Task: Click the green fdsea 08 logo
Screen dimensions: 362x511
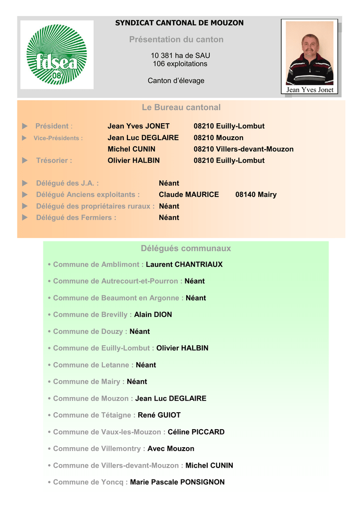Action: click(x=57, y=54)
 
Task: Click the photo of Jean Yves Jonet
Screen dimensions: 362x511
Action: click(x=310, y=53)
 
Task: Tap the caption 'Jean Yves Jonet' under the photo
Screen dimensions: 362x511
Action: click(x=310, y=90)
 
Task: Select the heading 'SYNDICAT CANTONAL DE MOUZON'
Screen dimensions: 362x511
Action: click(x=179, y=23)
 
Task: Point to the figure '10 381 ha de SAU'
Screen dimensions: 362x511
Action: click(x=180, y=55)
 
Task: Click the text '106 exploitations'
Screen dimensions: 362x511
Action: click(x=180, y=64)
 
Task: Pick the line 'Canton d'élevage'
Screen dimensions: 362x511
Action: click(x=176, y=80)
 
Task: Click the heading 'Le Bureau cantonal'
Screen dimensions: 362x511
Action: click(x=181, y=107)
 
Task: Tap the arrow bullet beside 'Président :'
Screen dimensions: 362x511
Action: click(x=25, y=126)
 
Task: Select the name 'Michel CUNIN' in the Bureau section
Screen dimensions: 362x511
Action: click(x=131, y=149)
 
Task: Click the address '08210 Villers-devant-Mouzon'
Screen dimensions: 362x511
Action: click(x=244, y=149)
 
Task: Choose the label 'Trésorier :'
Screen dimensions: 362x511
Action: click(x=54, y=160)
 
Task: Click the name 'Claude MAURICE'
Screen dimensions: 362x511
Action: click(x=189, y=195)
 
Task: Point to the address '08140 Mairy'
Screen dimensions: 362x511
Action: click(x=256, y=195)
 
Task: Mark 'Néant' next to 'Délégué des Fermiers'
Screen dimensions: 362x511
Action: click(x=169, y=218)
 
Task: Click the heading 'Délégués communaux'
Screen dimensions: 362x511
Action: click(x=186, y=249)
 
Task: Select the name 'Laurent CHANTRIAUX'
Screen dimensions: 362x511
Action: click(x=184, y=264)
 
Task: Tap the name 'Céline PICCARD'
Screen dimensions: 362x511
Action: click(x=196, y=432)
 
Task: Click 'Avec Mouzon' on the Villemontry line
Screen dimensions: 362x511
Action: click(x=171, y=449)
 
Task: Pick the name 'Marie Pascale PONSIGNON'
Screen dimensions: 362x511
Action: click(x=177, y=482)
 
